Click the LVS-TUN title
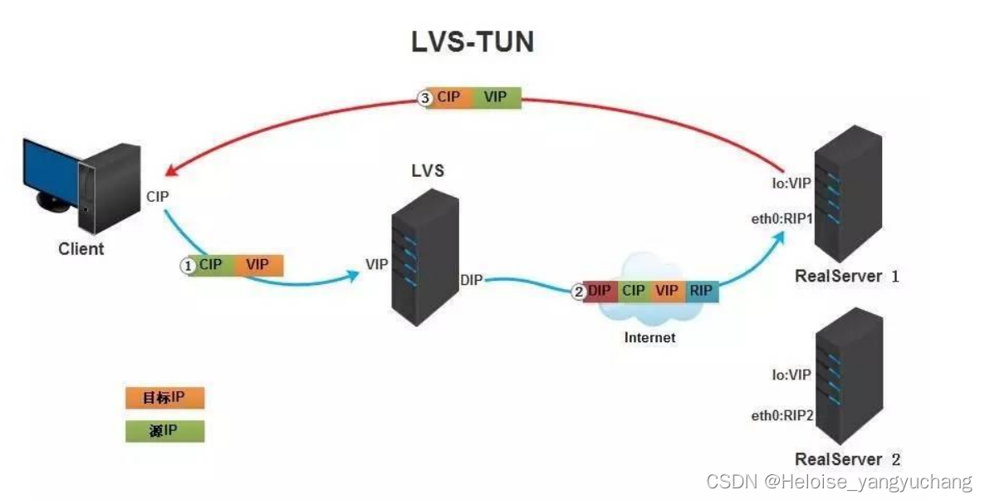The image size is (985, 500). point(473,42)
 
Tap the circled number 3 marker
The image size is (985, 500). point(424,98)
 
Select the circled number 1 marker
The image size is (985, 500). point(189,265)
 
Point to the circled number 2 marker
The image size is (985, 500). point(578,292)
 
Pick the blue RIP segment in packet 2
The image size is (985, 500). point(700,292)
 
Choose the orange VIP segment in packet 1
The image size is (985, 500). point(258,265)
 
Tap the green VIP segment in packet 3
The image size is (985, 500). point(496,98)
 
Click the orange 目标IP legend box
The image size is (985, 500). point(164,398)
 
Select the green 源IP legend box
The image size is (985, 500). point(164,430)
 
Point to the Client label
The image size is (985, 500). point(81,248)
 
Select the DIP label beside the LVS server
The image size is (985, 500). point(472,281)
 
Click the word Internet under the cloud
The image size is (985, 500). point(649,337)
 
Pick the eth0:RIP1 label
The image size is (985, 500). point(782,219)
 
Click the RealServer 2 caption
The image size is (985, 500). point(847,459)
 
